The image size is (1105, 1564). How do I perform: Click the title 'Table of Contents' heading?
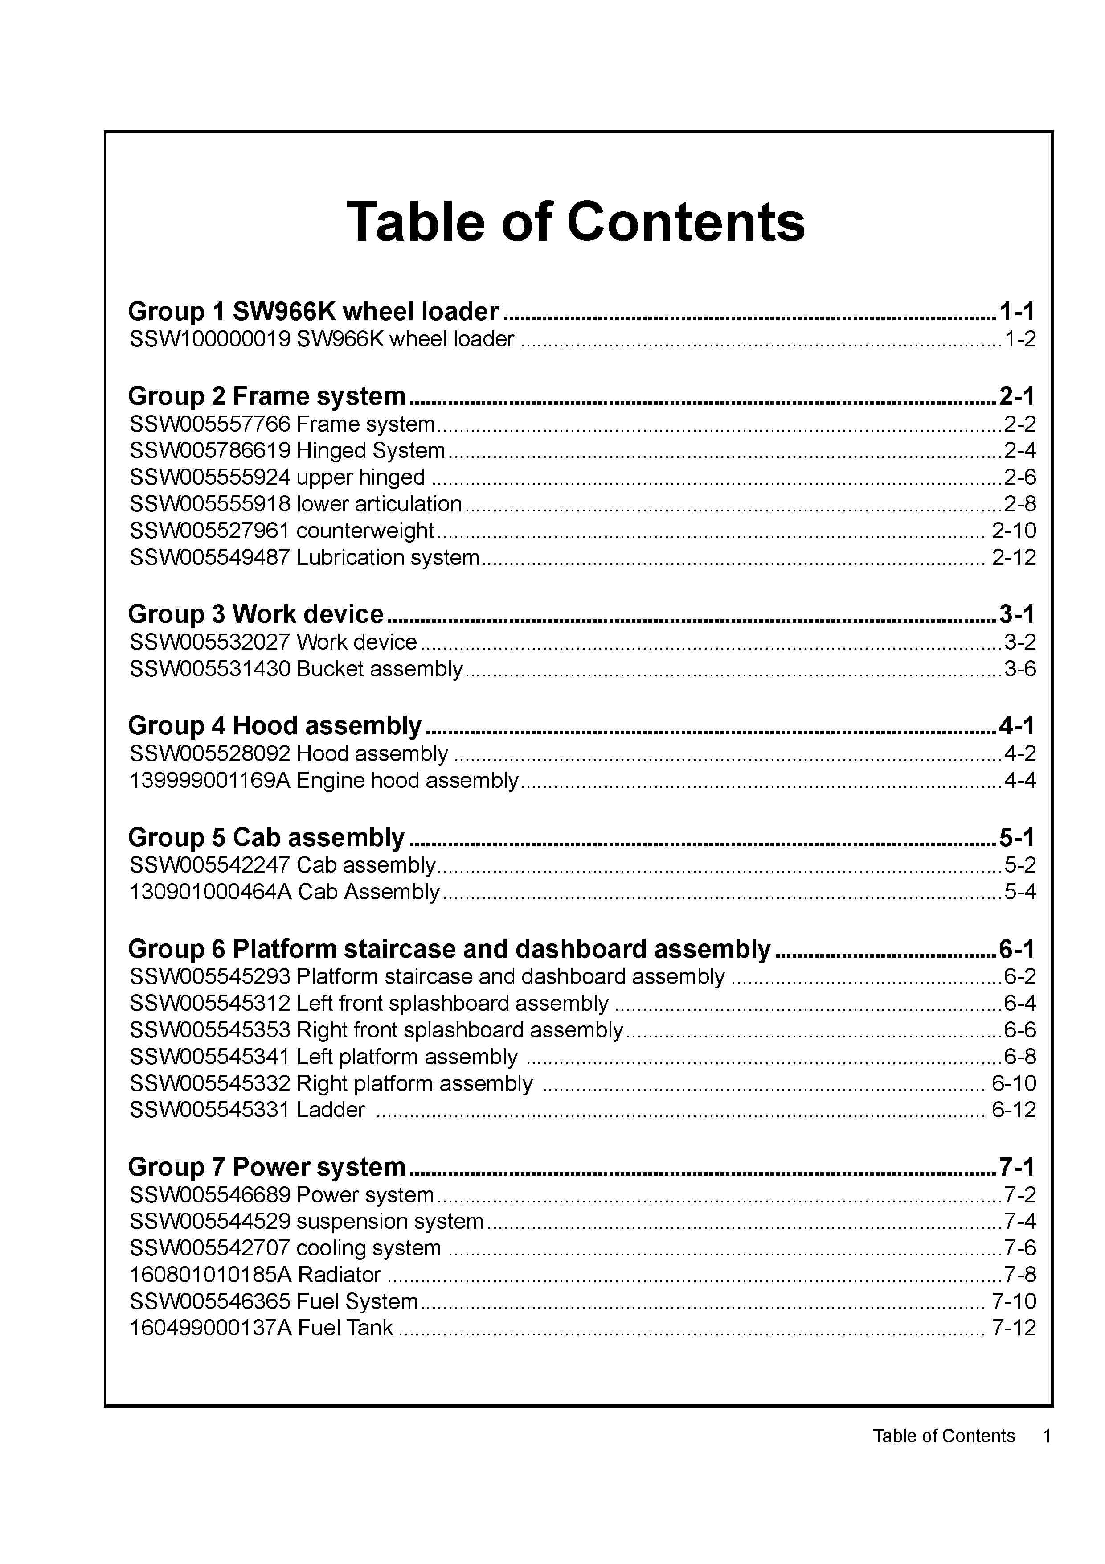coord(575,222)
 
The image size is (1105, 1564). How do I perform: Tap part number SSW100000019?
coord(210,339)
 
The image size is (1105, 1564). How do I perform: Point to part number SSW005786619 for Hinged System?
coord(210,451)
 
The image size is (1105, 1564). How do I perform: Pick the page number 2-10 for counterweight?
coord(1014,531)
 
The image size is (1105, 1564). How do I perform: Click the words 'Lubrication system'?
coord(388,558)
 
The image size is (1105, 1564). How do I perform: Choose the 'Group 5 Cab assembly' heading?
coord(266,838)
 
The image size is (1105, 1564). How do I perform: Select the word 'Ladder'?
coord(331,1110)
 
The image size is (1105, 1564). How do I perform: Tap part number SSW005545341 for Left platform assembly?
coord(210,1057)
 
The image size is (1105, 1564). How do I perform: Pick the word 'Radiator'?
coord(339,1275)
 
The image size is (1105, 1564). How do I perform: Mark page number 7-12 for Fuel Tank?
coord(1014,1328)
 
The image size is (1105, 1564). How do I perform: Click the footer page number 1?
coord(1047,1436)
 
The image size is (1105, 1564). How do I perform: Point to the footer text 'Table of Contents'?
coord(944,1436)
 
